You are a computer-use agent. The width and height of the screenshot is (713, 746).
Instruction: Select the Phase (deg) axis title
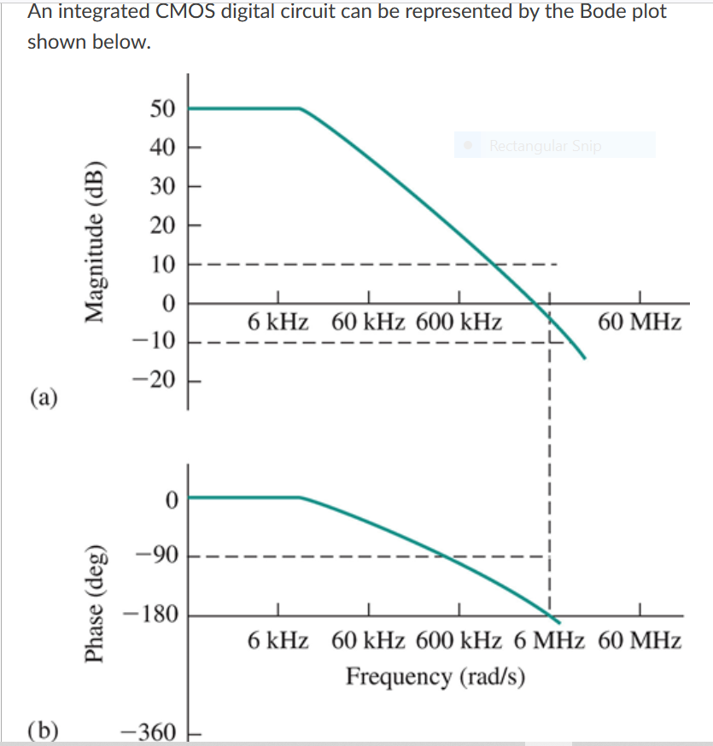point(94,601)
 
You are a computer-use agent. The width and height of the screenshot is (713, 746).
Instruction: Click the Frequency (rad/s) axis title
point(435,676)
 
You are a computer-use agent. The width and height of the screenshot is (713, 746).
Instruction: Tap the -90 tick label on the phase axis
point(157,557)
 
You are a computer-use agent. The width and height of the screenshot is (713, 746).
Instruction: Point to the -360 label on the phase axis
point(149,732)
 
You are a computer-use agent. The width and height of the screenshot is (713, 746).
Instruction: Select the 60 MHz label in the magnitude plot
point(640,323)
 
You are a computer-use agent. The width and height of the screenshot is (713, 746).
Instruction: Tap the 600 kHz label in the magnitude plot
point(459,323)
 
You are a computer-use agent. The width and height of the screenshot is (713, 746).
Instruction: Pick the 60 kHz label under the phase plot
point(369,640)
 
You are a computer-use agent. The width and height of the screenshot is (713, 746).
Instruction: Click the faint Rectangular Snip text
point(545,146)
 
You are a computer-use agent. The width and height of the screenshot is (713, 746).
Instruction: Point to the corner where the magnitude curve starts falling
point(300,108)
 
